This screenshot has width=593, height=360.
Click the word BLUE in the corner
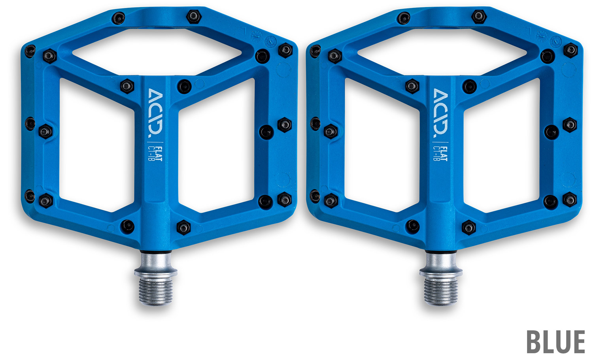556,342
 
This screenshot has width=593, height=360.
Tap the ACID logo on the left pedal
155,113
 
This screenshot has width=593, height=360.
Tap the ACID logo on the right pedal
440,113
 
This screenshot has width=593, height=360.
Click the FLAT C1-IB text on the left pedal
155,154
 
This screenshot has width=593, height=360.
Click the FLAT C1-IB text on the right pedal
440,154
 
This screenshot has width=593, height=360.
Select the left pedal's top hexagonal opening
157,52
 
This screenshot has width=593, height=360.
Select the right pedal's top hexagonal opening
442,52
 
